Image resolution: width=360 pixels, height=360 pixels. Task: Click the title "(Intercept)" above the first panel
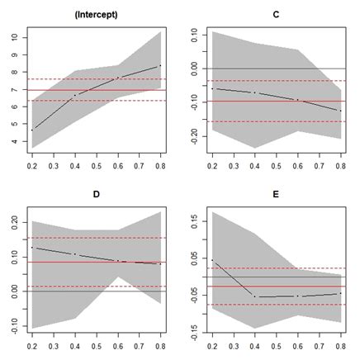click(94, 14)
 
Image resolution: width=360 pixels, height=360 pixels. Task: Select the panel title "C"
click(274, 14)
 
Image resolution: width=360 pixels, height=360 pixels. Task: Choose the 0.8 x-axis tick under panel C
click(338, 165)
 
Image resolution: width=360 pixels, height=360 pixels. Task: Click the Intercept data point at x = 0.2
click(32, 130)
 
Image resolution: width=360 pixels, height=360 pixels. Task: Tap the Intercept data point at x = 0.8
click(159, 65)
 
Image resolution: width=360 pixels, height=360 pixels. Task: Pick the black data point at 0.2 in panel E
click(212, 260)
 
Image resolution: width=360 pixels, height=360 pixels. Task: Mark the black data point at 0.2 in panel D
click(32, 247)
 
